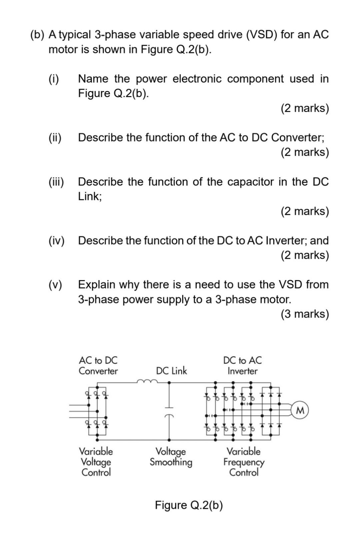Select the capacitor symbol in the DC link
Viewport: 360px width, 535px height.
pos(169,412)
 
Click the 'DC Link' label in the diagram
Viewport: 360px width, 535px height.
pos(171,371)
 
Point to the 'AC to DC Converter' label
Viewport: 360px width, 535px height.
pos(98,366)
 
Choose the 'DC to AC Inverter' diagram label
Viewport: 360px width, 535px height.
pos(242,366)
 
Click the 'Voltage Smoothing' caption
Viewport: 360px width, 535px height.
pos(171,457)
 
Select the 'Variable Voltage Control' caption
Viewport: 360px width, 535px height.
pos(96,462)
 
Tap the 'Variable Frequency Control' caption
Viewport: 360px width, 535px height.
pos(244,462)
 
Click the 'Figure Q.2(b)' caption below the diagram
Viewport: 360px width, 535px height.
pos(189,505)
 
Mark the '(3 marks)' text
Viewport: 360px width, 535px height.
pos(305,314)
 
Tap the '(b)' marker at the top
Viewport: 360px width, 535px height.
pos(37,35)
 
